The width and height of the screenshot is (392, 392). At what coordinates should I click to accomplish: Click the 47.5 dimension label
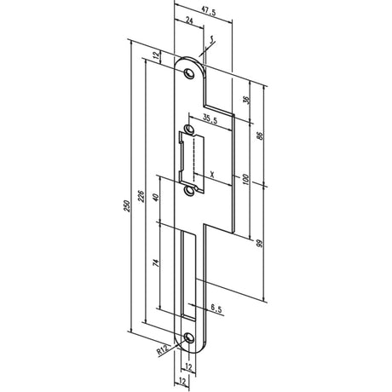(x=209, y=13)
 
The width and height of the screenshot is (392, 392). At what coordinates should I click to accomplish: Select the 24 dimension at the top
(x=189, y=20)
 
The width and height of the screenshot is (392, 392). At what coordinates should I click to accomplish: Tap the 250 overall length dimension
(x=127, y=206)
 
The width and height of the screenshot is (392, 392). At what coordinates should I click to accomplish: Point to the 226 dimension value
(x=141, y=196)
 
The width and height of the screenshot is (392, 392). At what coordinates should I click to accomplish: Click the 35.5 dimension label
(x=210, y=120)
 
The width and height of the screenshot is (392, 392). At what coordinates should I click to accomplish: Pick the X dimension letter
(x=212, y=174)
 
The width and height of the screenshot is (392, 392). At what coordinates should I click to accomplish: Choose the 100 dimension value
(x=246, y=180)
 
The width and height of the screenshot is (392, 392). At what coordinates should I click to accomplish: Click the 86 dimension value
(x=259, y=135)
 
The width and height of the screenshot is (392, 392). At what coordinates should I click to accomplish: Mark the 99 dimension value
(x=259, y=244)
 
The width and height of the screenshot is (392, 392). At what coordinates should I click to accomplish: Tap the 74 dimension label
(x=156, y=262)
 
